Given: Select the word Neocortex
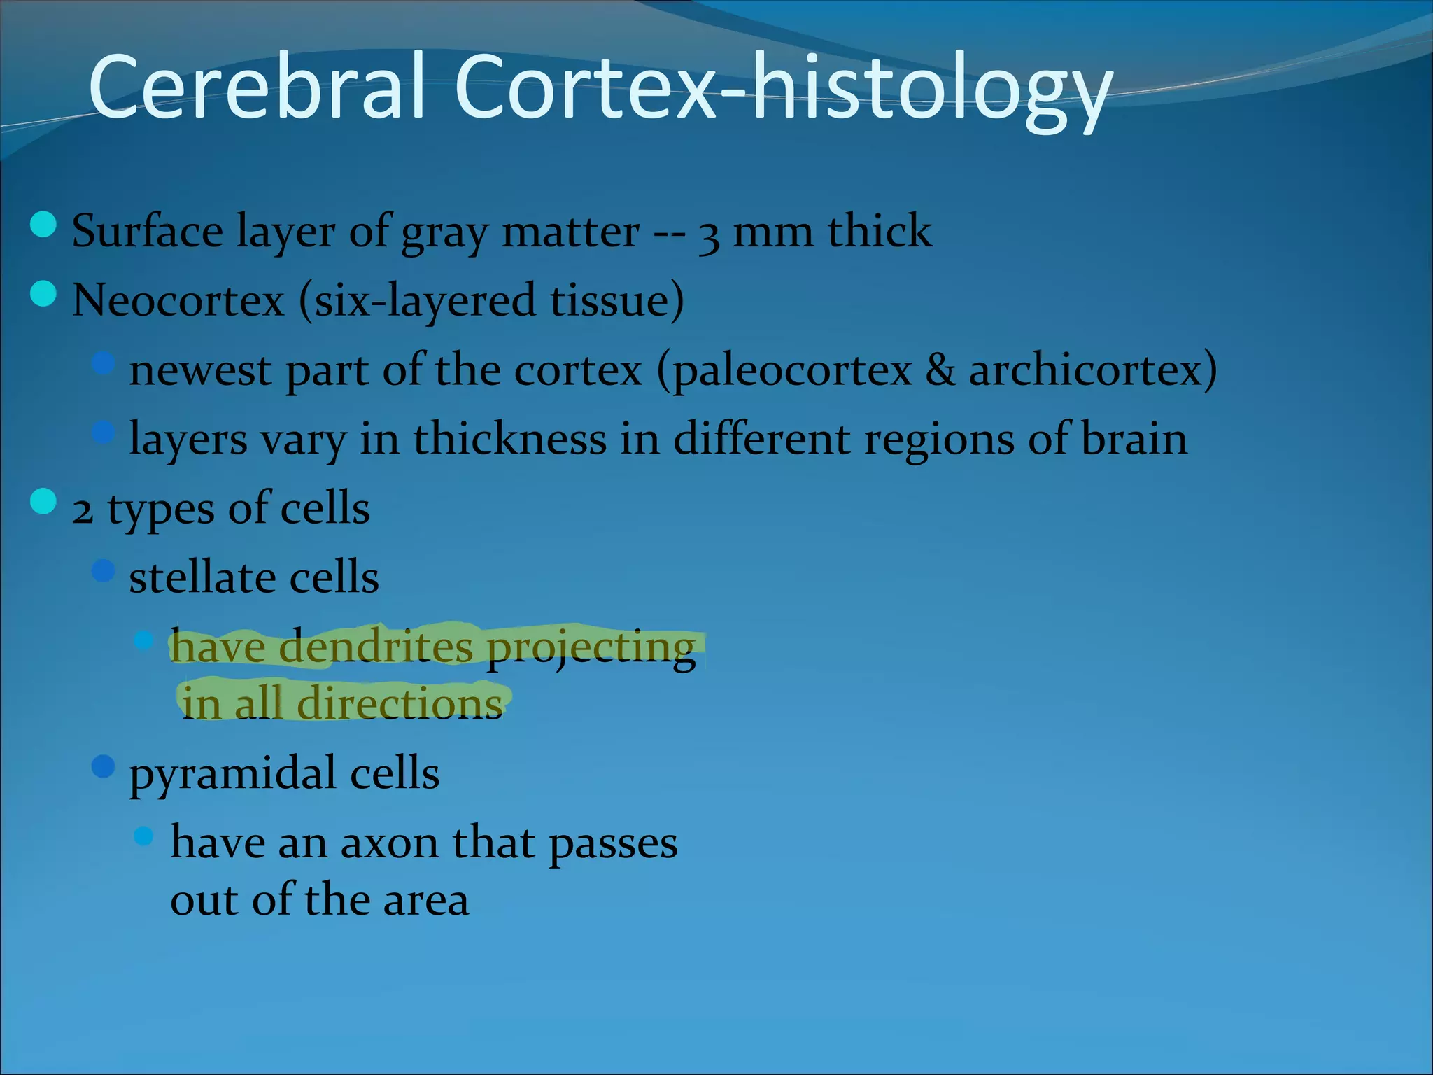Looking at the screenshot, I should pyautogui.click(x=178, y=301).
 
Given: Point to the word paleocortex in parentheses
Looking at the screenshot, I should pyautogui.click(x=793, y=371).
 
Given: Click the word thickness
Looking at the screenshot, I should pyautogui.click(x=509, y=440).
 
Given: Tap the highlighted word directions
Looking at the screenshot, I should pyautogui.click(x=400, y=704).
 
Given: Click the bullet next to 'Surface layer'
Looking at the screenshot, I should pyautogui.click(x=43, y=225).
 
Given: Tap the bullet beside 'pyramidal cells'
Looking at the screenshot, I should pyautogui.click(x=103, y=767).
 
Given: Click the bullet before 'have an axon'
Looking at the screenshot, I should pyautogui.click(x=143, y=836).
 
